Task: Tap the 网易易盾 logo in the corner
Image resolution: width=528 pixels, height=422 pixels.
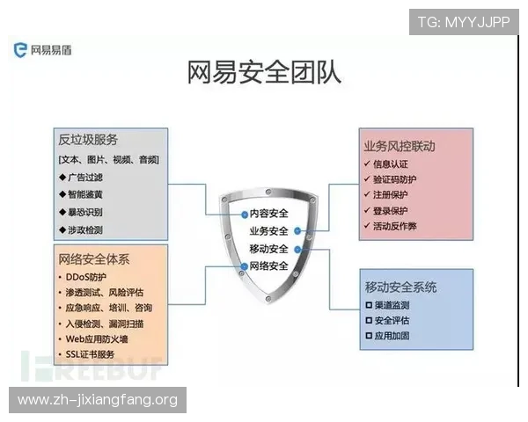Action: coord(43,50)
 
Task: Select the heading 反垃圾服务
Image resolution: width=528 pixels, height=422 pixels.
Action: coord(88,140)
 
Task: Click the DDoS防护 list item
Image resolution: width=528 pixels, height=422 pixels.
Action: coord(88,277)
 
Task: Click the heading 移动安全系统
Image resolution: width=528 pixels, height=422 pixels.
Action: coord(400,287)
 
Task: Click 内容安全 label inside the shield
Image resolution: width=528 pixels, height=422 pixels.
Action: coord(268,214)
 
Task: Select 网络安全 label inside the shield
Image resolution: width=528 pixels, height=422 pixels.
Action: coord(268,266)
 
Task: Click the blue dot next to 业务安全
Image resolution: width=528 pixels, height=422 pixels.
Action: coord(298,231)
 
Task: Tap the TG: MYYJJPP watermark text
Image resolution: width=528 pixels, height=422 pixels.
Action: coord(463,22)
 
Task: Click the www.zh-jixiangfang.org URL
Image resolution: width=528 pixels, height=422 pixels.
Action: coord(98,400)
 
